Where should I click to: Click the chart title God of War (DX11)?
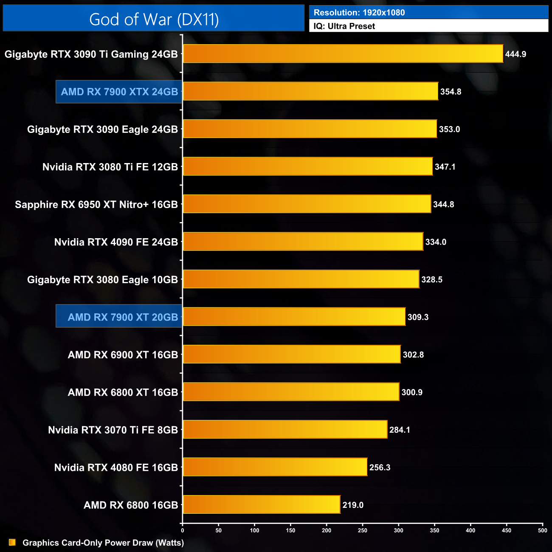[x=154, y=20]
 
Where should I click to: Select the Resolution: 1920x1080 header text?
[x=359, y=13]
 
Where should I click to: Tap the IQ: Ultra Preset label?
[x=344, y=26]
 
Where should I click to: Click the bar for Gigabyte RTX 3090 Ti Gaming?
[x=343, y=54]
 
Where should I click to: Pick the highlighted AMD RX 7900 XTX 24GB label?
[x=119, y=92]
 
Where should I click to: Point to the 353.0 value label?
[x=449, y=129]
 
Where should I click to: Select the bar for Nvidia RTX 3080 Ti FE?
[x=307, y=166]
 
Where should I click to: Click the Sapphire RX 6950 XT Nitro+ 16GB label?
[x=96, y=205]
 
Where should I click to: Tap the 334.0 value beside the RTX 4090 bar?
[x=436, y=242]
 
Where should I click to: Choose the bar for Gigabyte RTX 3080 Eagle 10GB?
[x=301, y=279]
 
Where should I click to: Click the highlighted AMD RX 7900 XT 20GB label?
[x=123, y=317]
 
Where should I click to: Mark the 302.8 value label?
[x=413, y=355]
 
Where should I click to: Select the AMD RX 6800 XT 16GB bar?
[x=291, y=392]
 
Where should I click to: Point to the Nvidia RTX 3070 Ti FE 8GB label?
[x=113, y=430]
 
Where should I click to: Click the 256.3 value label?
[x=380, y=468]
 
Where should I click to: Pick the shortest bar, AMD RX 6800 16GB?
[x=261, y=504]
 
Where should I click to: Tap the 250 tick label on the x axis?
[x=363, y=530]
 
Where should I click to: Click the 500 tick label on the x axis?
[x=542, y=530]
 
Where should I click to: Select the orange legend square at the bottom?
[x=12, y=542]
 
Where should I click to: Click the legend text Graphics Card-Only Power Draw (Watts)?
[x=103, y=543]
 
